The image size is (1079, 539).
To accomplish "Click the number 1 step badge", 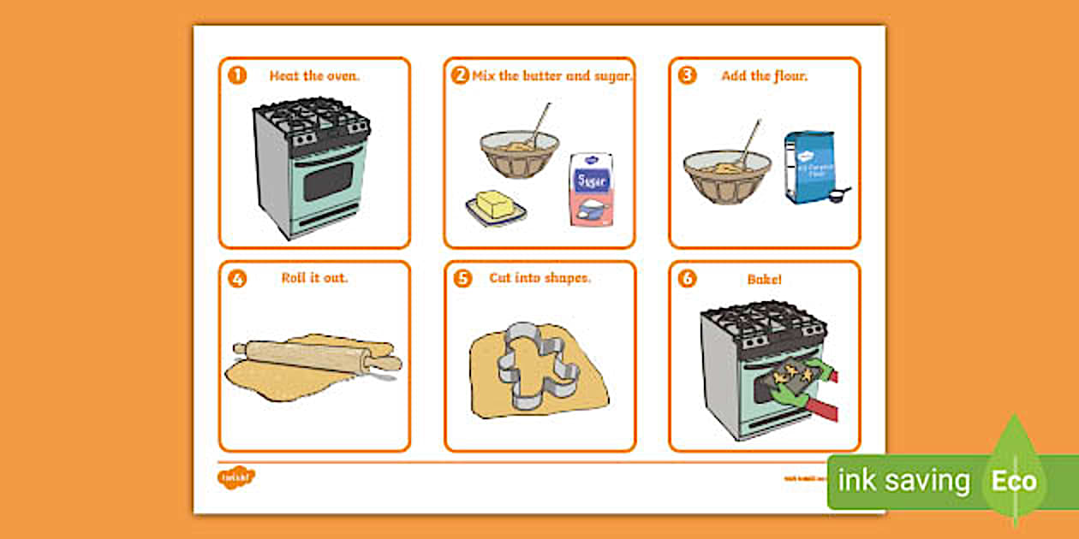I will [236, 75].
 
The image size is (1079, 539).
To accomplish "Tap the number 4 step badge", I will [236, 278].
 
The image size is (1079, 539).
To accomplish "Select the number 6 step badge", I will [687, 278].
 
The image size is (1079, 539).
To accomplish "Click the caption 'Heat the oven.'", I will [314, 75].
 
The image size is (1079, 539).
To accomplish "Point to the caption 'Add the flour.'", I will [764, 75].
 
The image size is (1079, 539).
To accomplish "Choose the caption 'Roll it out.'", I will [314, 277].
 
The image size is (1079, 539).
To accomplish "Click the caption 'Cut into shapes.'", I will [539, 277].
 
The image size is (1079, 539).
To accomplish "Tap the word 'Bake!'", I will [764, 278].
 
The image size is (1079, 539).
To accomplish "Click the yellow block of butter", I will [494, 204].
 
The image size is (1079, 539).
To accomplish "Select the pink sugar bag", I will [592, 190].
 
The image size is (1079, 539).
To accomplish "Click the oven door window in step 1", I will [328, 181].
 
